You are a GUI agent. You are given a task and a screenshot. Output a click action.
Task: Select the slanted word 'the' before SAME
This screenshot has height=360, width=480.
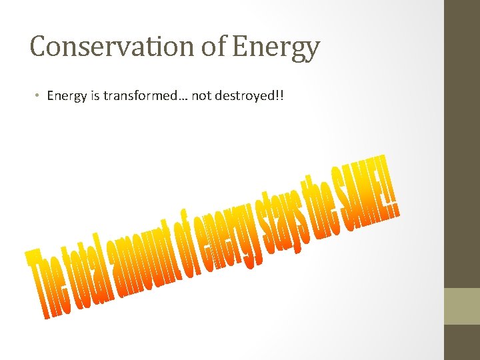click(x=320, y=203)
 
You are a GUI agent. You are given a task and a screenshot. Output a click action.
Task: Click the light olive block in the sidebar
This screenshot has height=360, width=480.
click(x=462, y=306)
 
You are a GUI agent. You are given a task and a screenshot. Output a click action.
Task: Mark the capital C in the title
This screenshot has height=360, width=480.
click(x=39, y=47)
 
